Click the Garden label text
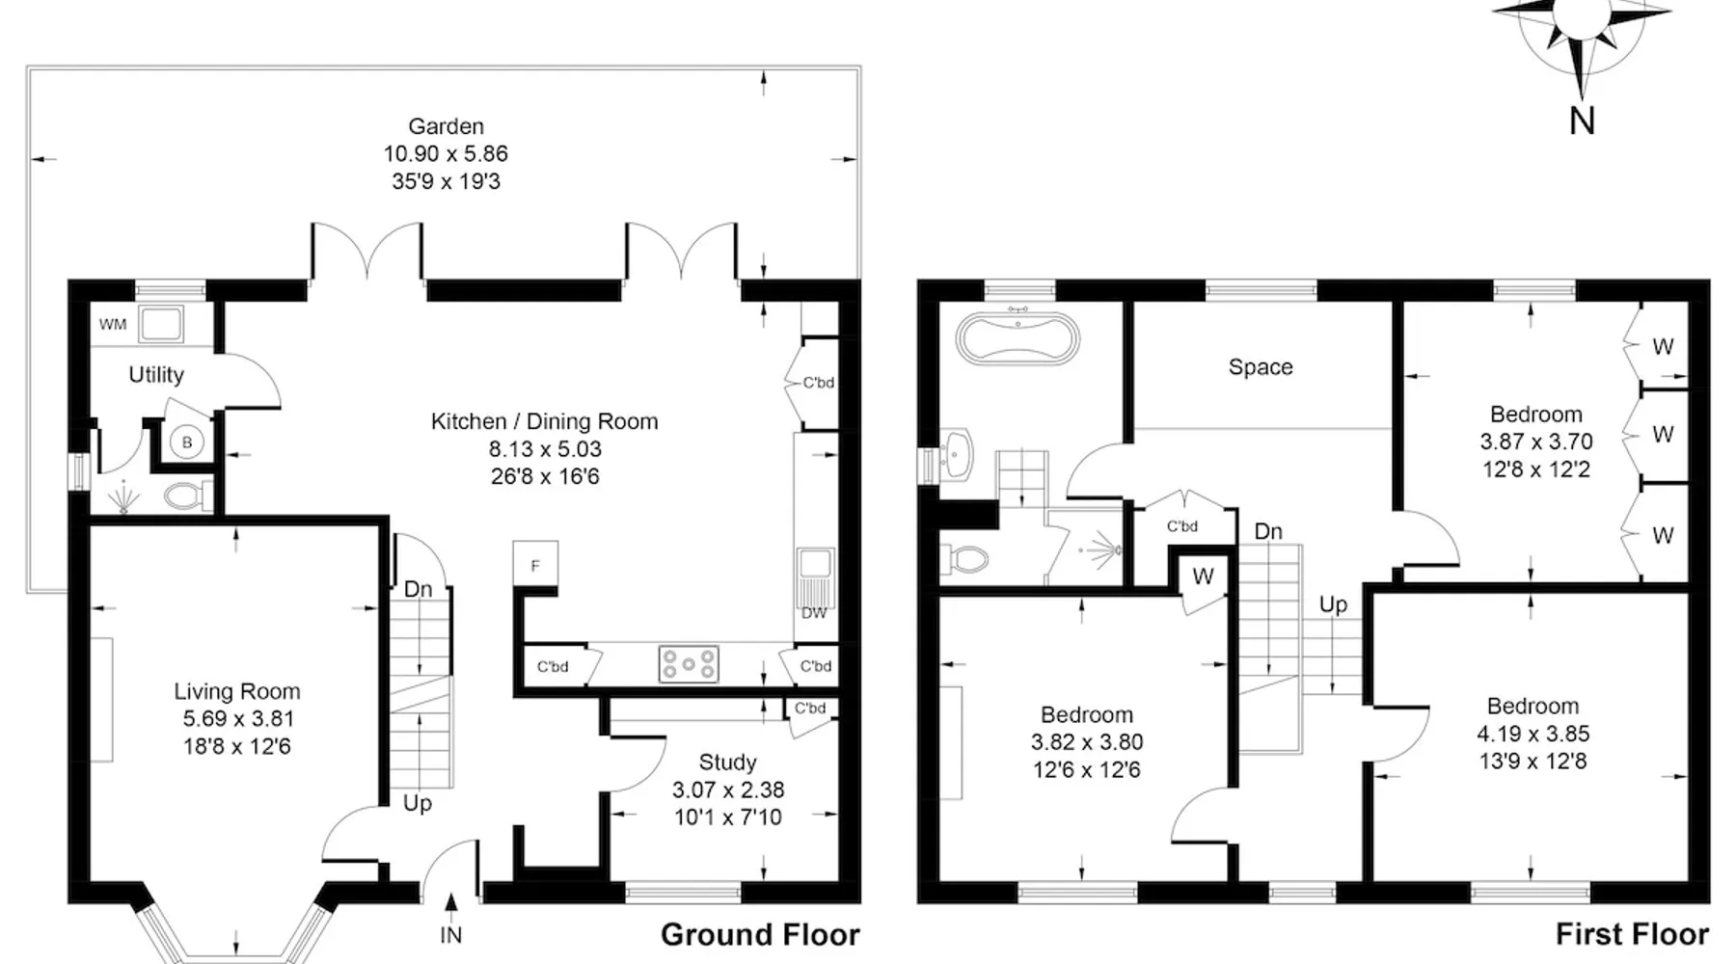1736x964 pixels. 446,126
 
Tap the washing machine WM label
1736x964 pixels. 113,325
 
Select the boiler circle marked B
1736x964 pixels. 187,442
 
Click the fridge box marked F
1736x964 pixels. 535,566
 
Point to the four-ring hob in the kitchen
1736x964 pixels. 689,664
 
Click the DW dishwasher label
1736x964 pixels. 814,613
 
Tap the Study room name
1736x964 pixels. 727,763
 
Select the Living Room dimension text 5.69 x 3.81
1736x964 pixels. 237,718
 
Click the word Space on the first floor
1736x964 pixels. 1261,367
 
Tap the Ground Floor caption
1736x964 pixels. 760,934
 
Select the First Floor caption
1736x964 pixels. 1632,934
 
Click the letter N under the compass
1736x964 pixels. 1582,120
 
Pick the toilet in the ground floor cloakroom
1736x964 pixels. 189,496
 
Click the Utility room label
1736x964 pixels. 156,375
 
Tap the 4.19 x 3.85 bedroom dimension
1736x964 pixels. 1533,734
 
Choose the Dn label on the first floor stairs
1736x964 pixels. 1268,531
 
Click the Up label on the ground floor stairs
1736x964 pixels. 417,804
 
